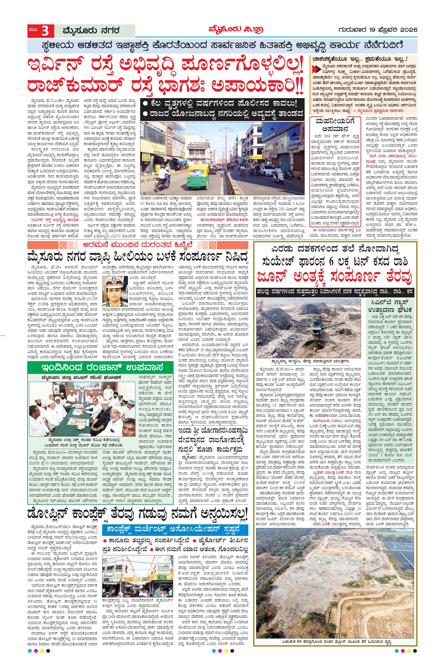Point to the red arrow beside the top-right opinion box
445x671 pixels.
click(x=315, y=68)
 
